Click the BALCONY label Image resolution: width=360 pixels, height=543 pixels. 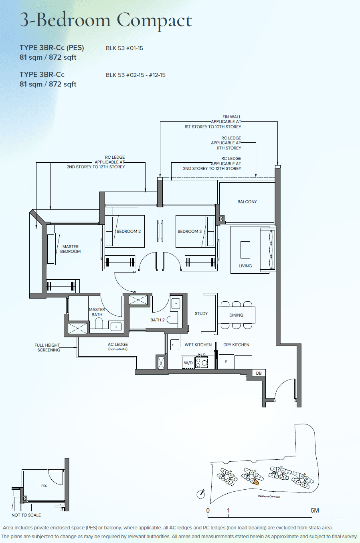pyautogui.click(x=247, y=202)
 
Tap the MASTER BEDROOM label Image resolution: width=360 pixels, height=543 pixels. pyautogui.click(x=71, y=249)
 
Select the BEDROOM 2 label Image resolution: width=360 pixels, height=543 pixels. pyautogui.click(x=129, y=231)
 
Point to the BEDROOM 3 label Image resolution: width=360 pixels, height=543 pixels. pyautogui.click(x=190, y=231)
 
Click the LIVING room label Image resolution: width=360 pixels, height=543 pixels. pyautogui.click(x=245, y=266)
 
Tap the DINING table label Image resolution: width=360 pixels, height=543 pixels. pyautogui.click(x=236, y=315)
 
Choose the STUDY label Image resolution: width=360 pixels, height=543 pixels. pyautogui.click(x=201, y=313)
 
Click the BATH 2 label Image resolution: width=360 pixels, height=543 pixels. pyautogui.click(x=158, y=320)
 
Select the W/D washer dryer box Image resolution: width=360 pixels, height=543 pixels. pyautogui.click(x=188, y=363)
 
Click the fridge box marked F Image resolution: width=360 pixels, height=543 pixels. pyautogui.click(x=226, y=361)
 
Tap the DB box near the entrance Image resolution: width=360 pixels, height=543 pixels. pyautogui.click(x=259, y=373)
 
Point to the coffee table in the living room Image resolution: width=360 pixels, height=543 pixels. pyautogui.click(x=245, y=250)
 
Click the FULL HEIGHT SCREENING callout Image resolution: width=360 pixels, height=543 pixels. pyautogui.click(x=47, y=347)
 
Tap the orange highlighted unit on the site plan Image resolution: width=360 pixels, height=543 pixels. pyautogui.click(x=255, y=482)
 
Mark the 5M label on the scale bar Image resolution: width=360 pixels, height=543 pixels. pyautogui.click(x=315, y=510)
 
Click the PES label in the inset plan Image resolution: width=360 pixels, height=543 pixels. pyautogui.click(x=44, y=486)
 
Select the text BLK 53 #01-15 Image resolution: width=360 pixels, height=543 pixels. pyautogui.click(x=124, y=48)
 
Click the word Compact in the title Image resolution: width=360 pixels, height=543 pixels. pyautogui.click(x=154, y=20)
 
